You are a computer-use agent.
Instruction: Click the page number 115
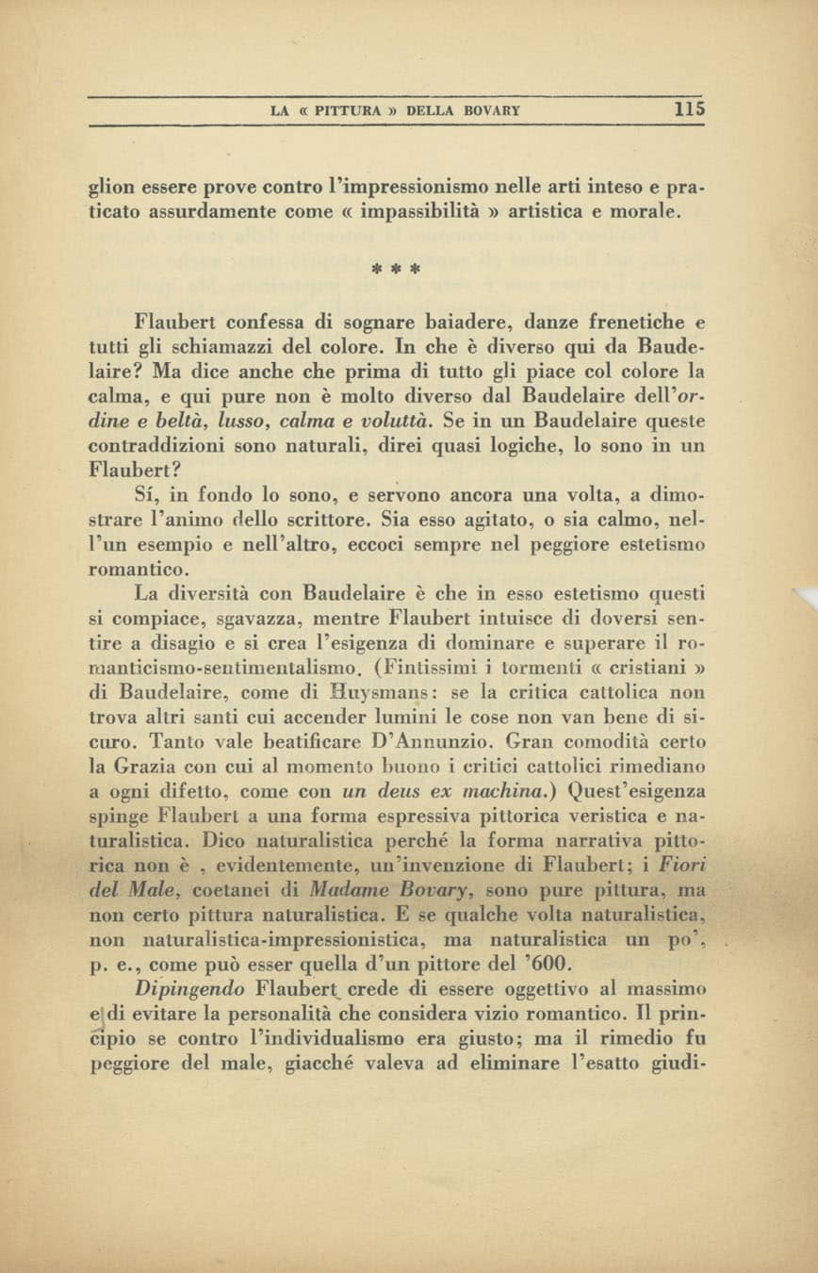pos(690,109)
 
